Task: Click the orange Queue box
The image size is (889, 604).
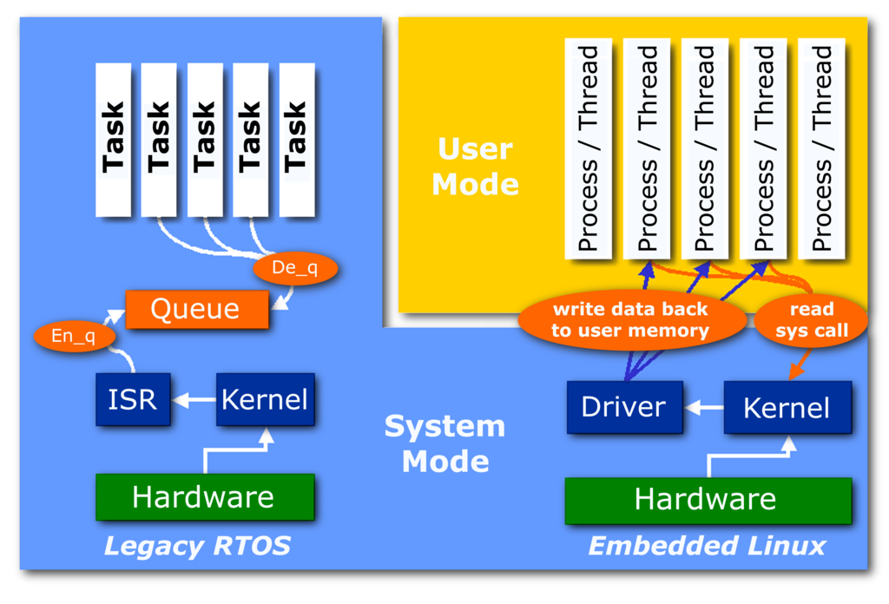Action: (195, 309)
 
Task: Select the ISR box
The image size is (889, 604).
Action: (133, 399)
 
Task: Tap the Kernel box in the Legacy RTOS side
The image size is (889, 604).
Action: (265, 399)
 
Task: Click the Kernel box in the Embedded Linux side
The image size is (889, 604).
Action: (787, 407)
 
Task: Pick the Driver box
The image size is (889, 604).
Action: (624, 407)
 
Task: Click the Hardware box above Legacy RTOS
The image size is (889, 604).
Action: (204, 497)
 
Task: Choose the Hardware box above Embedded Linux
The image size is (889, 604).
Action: (707, 499)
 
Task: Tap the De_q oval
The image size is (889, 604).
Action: (295, 268)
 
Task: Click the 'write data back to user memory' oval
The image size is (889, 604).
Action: (631, 320)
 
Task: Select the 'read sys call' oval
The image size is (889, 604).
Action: (812, 320)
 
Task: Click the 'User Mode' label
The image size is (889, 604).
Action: (475, 167)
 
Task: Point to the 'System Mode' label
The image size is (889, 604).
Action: (444, 443)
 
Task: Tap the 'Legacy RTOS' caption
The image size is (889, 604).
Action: (197, 546)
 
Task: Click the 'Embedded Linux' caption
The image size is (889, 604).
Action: (707, 546)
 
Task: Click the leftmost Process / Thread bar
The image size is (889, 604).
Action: (589, 148)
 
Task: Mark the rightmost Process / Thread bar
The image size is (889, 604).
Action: (821, 148)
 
